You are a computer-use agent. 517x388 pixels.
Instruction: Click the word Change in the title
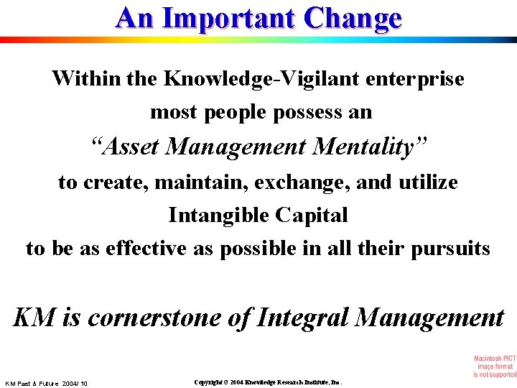pos(353,18)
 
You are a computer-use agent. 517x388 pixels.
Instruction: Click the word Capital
pos(316,215)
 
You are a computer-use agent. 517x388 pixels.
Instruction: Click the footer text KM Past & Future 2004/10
pos(46,384)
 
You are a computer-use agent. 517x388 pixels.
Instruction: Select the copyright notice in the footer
pos(268,382)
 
